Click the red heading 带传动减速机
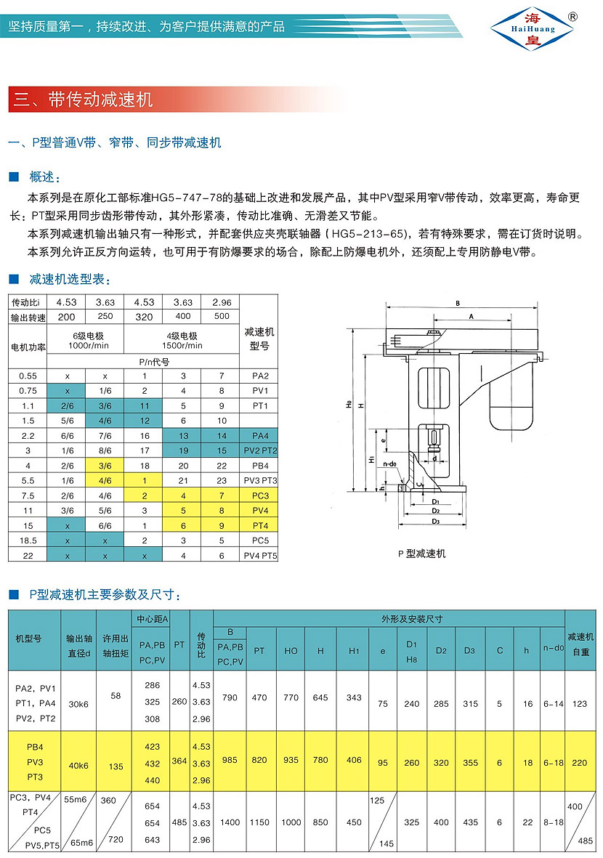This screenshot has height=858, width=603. [101, 100]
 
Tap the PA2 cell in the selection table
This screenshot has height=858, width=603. [259, 376]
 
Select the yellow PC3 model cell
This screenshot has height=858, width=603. [259, 495]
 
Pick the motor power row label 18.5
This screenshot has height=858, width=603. [27, 541]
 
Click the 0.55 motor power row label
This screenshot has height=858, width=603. [27, 376]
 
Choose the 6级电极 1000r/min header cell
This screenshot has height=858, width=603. [85, 340]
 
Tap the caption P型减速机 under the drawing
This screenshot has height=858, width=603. [422, 554]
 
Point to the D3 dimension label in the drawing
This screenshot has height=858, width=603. [436, 521]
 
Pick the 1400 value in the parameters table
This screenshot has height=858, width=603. [230, 823]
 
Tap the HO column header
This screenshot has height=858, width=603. [291, 651]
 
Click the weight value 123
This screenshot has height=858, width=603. [580, 703]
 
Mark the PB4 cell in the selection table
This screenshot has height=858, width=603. [259, 465]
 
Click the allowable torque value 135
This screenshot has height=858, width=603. [116, 765]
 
